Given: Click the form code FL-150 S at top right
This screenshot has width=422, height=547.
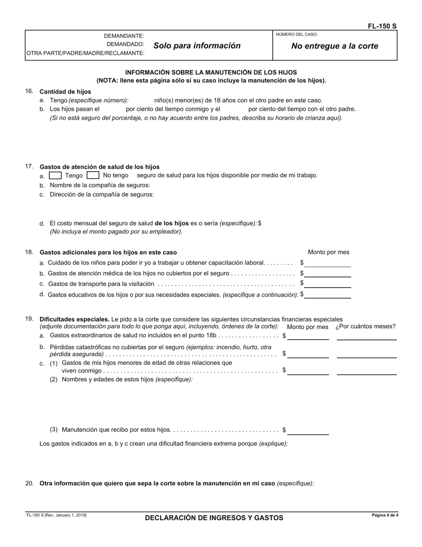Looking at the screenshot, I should (382, 26).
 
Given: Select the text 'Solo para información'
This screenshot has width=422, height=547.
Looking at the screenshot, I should (197, 45).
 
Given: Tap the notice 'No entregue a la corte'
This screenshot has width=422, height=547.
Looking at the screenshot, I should (334, 46).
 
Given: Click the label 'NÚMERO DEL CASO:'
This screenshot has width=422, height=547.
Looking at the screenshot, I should (297, 34).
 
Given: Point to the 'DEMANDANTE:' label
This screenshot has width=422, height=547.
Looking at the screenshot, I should (124, 36).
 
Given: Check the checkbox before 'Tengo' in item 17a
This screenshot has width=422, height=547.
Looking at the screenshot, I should (55, 175).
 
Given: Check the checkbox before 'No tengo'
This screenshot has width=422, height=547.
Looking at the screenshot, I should (93, 175).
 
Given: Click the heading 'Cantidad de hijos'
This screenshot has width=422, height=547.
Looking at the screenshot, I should (65, 92).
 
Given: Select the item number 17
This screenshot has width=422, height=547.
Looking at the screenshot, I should (29, 166).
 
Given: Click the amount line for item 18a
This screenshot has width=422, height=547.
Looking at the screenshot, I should (327, 263).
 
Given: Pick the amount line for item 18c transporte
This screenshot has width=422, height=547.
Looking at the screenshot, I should (327, 284).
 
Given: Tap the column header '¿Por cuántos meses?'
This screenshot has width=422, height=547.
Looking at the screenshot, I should (365, 326).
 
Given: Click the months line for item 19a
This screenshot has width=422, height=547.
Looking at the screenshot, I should (366, 337).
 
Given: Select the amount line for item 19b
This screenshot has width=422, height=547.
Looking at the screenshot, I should (308, 354).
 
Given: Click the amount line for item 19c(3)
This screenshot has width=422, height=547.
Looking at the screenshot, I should (308, 431).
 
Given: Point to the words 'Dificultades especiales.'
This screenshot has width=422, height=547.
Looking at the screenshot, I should (75, 319).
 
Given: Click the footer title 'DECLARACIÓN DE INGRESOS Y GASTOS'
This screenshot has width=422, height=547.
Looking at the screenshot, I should (214, 518).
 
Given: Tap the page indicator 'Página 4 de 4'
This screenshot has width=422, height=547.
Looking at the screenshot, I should (385, 515).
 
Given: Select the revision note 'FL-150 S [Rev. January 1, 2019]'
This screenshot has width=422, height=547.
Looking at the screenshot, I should (56, 515).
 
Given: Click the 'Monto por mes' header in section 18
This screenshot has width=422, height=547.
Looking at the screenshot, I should (328, 252).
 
